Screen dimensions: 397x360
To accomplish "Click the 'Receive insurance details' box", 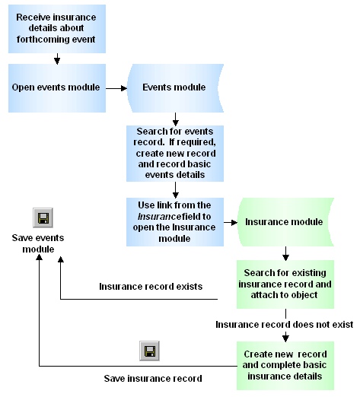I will click(x=56, y=28).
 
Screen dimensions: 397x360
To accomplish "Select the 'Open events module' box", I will click(x=56, y=87).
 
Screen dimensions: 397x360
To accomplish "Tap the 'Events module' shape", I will click(x=174, y=87).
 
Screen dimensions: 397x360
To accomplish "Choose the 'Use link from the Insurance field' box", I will click(x=174, y=221).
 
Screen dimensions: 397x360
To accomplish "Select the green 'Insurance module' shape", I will click(x=285, y=222).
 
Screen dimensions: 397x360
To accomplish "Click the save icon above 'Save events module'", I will click(x=43, y=218).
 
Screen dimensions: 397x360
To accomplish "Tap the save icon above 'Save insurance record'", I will click(x=149, y=351).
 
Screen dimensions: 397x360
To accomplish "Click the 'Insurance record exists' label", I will click(x=151, y=287).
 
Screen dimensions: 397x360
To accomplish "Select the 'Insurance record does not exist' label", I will click(x=284, y=325).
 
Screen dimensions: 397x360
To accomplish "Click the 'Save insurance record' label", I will click(x=153, y=378).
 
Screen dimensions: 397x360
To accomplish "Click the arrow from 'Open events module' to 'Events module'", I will click(x=116, y=87).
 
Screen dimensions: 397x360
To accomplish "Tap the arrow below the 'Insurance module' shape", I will click(x=285, y=252).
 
